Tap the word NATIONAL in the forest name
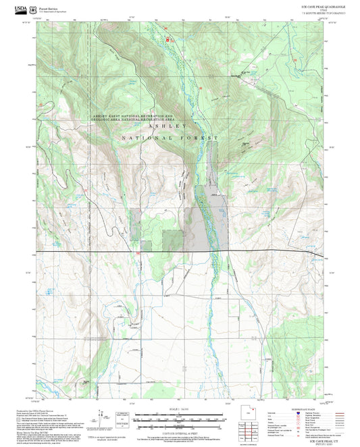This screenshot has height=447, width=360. tap(145, 138)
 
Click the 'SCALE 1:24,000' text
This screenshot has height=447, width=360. tap(180, 408)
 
